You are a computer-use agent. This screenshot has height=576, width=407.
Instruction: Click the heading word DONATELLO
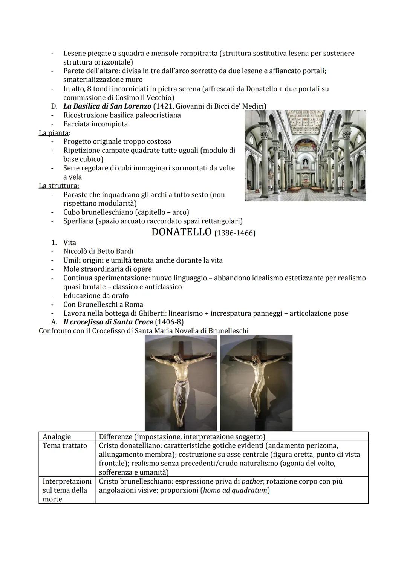click(181, 232)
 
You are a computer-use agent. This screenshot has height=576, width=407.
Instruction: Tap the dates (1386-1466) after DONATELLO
click(235, 233)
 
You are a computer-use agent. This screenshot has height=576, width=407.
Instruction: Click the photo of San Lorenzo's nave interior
click(305, 155)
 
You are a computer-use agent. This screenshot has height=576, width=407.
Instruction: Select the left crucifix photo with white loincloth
click(181, 382)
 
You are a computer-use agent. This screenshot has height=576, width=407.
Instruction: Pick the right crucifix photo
click(256, 382)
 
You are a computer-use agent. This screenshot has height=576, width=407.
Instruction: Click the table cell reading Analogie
click(57, 436)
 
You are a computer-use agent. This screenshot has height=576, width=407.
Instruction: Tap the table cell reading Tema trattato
click(65, 445)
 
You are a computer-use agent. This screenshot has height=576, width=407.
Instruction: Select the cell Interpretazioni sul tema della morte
click(66, 490)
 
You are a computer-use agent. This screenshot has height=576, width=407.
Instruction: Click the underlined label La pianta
click(54, 133)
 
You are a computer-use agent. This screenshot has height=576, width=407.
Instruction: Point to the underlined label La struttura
click(59, 186)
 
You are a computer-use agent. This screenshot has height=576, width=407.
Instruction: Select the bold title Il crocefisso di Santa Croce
click(108, 322)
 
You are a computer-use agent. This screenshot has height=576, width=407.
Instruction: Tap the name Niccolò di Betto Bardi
click(98, 251)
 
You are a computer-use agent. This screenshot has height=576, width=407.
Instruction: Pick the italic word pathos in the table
click(252, 481)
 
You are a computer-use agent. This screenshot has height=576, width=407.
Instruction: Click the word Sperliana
click(78, 221)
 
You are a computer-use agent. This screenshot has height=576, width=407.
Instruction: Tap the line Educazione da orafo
click(96, 295)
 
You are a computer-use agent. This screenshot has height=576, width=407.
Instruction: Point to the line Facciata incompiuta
click(95, 124)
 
